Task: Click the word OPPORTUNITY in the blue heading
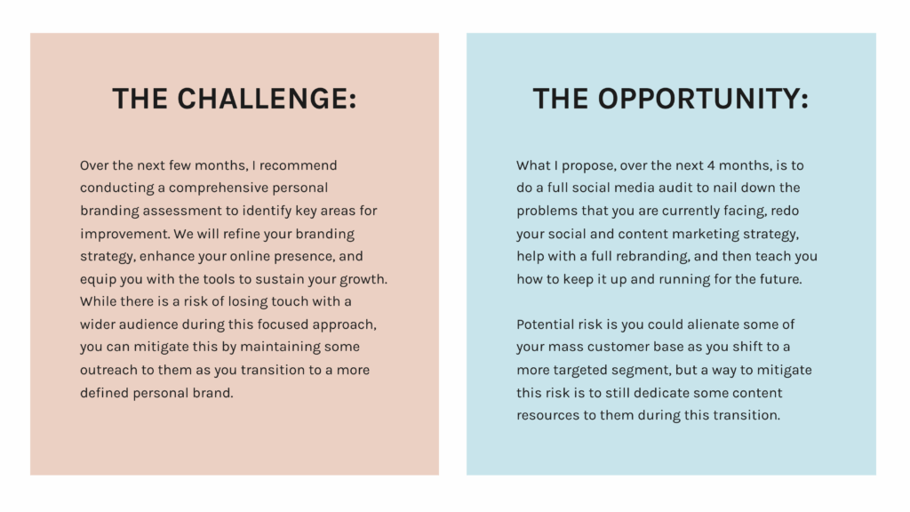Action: [x=703, y=99]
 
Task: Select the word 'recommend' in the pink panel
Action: [x=298, y=165]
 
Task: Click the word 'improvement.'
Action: [x=124, y=235]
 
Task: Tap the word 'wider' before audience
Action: [x=98, y=324]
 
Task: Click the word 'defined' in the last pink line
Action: [x=105, y=393]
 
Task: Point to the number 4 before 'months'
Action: [x=711, y=165]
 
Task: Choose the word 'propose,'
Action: [x=588, y=166]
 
